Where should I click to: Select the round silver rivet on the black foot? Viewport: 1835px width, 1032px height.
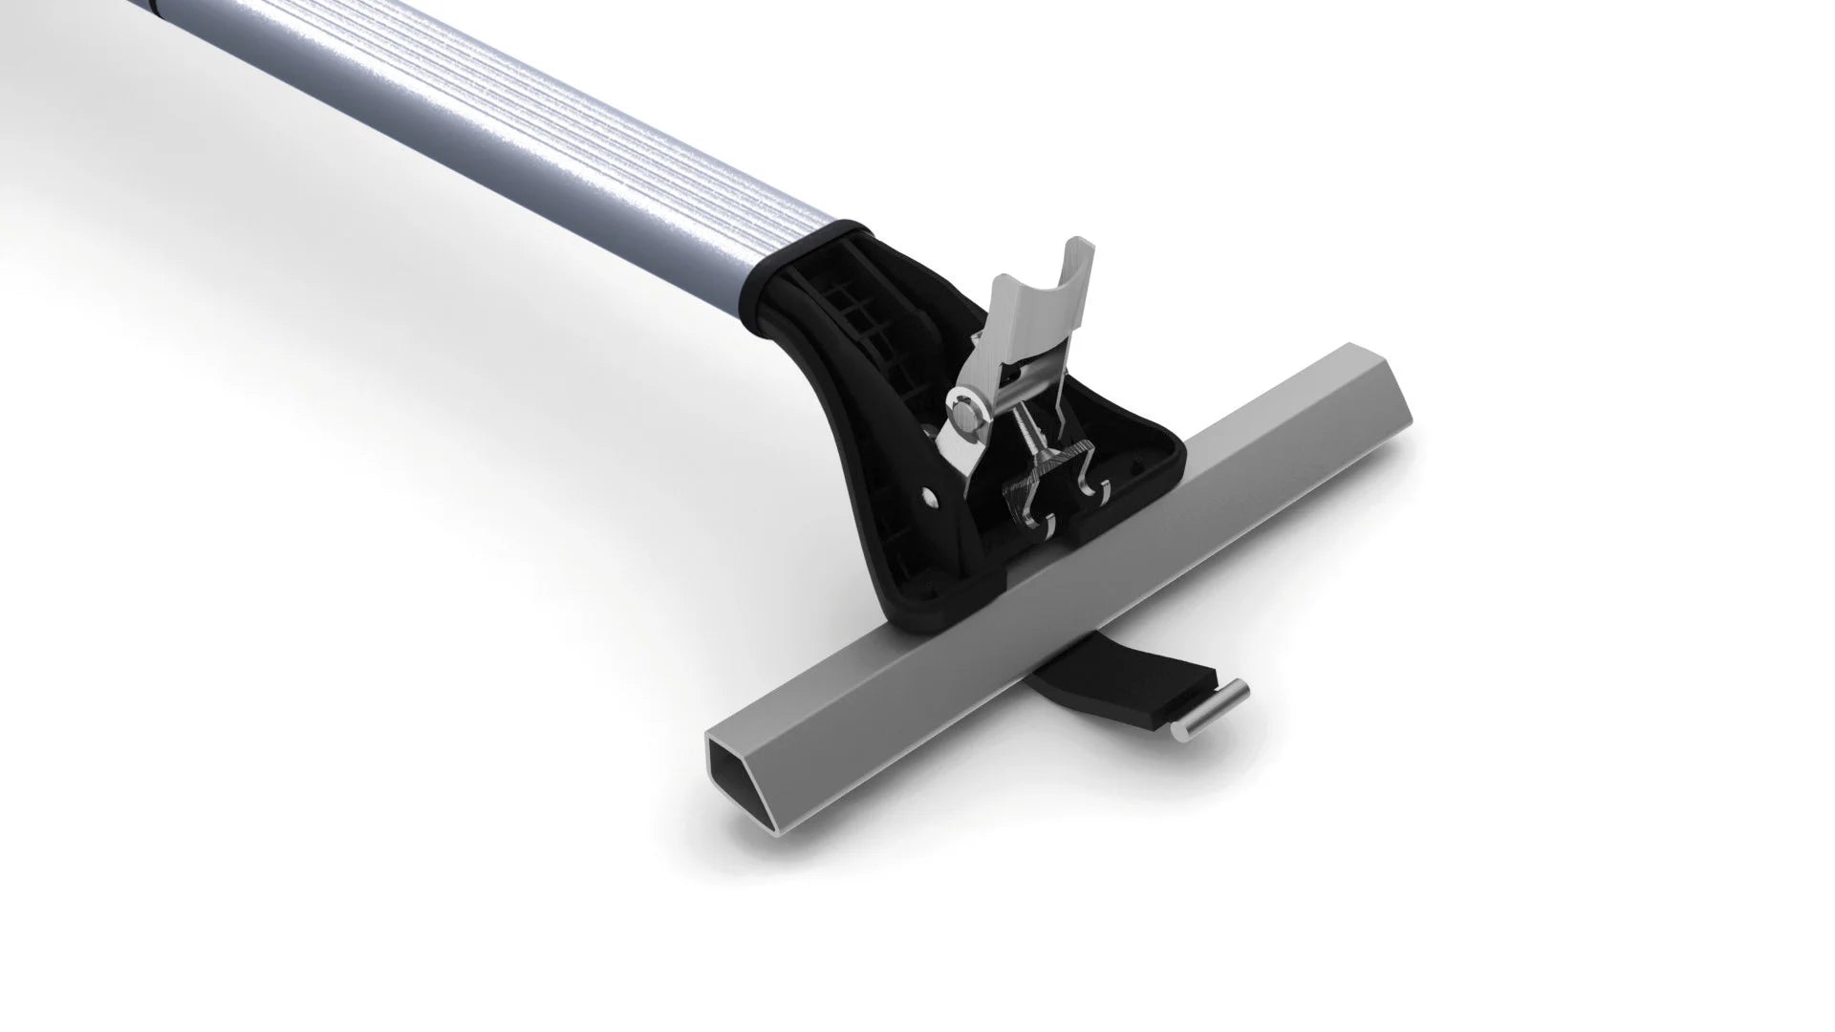click(x=930, y=496)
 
